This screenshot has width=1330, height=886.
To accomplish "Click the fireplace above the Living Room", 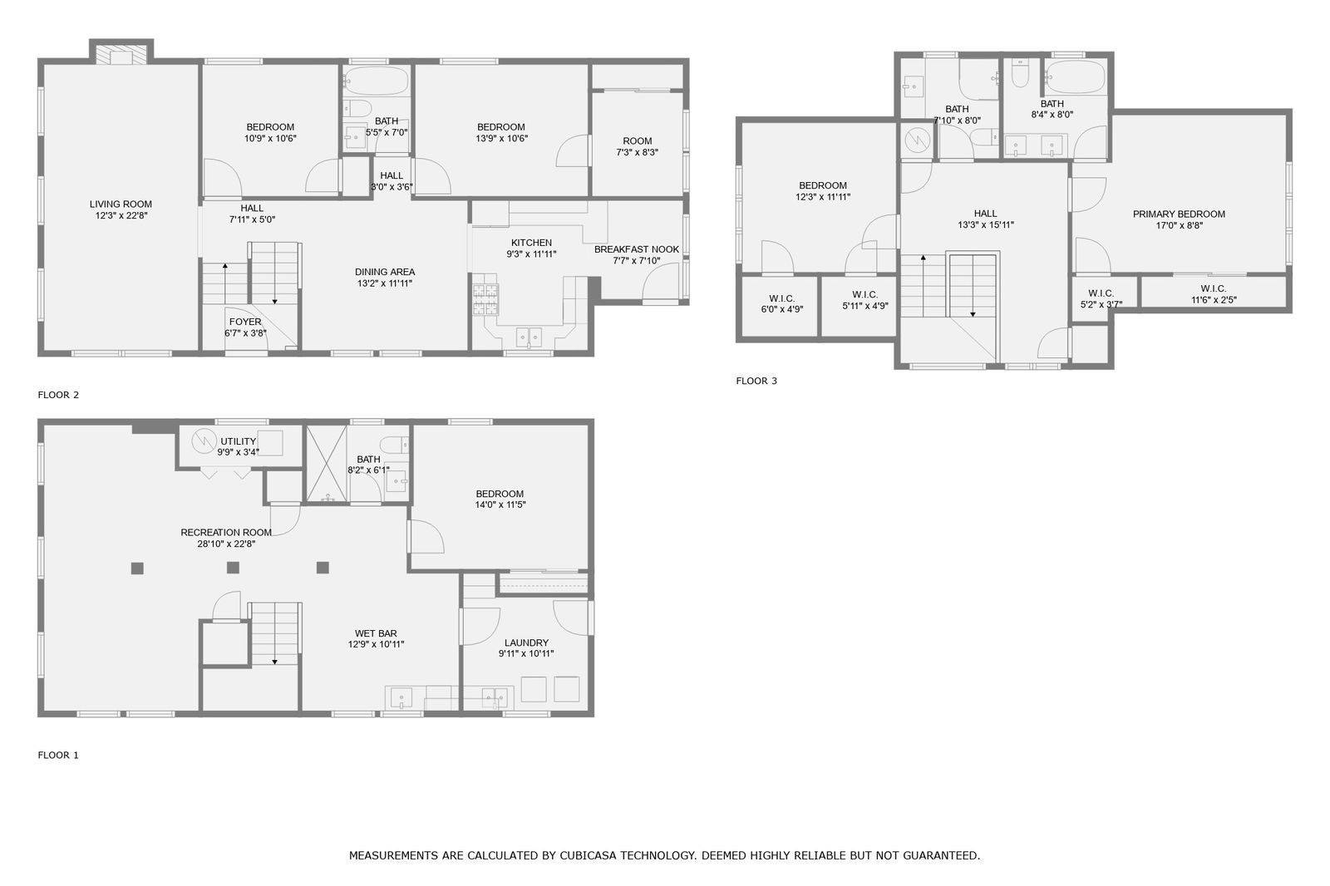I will click(121, 54).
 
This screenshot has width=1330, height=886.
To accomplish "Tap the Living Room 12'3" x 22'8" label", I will click(121, 209).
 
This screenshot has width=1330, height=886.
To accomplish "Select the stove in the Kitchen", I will click(486, 299).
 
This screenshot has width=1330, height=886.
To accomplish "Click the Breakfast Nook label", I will click(636, 249).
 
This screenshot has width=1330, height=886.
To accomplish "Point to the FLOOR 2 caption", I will click(58, 395).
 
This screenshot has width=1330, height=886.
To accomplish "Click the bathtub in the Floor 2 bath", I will click(377, 81).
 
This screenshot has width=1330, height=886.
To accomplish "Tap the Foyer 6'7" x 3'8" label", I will click(245, 327).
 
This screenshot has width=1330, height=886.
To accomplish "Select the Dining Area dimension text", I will click(384, 283).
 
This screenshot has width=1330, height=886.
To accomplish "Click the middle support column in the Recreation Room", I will click(234, 568).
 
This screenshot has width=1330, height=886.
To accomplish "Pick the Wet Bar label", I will click(376, 633).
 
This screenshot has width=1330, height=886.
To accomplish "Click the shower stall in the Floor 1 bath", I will click(326, 464).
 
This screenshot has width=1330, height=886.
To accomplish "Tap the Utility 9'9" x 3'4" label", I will click(239, 446).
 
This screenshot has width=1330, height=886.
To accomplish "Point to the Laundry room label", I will click(526, 642).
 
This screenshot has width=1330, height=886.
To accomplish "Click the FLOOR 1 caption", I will click(58, 756).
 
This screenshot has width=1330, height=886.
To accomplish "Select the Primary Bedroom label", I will click(1179, 214).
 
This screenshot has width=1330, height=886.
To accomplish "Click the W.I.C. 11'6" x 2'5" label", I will click(1214, 294).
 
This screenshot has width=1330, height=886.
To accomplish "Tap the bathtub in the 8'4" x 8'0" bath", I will click(1075, 79).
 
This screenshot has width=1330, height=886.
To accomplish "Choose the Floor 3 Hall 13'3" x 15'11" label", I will click(986, 219).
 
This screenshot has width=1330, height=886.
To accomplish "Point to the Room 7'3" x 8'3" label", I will click(638, 146).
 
